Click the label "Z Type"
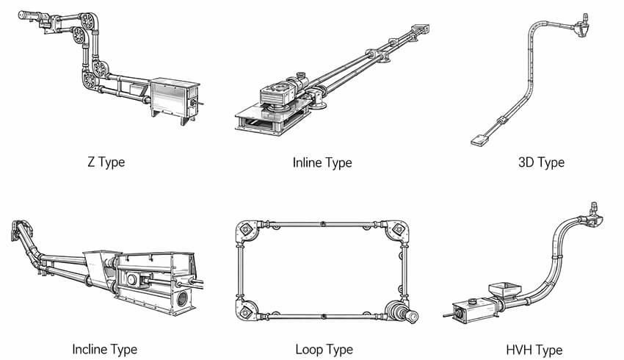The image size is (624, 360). (x=106, y=162)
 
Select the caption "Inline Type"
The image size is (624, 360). (x=322, y=162)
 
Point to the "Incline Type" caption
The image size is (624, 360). (x=104, y=349)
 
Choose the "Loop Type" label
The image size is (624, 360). (x=323, y=349)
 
